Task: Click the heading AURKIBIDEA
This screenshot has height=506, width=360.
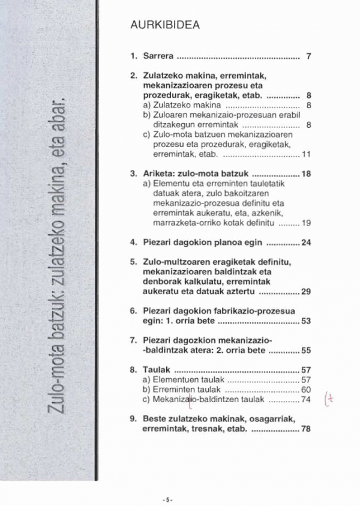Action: coord(164,26)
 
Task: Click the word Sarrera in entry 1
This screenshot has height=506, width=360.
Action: coord(158,57)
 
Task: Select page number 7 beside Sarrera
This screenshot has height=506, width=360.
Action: coord(308,57)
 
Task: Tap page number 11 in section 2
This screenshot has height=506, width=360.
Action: coord(306,154)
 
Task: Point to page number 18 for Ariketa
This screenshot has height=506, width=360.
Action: coord(306,173)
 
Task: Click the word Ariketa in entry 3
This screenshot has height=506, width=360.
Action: coord(157,173)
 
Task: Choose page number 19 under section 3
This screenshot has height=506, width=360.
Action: coord(306,223)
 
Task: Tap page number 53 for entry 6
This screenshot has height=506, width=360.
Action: coord(306,321)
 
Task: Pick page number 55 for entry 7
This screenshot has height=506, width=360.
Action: coord(306,351)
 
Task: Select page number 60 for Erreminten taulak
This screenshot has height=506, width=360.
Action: coord(306,390)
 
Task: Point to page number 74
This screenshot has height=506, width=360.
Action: coord(306,399)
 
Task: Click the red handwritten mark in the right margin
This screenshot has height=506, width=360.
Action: coord(344,398)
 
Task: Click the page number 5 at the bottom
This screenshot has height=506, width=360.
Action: coord(169,498)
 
